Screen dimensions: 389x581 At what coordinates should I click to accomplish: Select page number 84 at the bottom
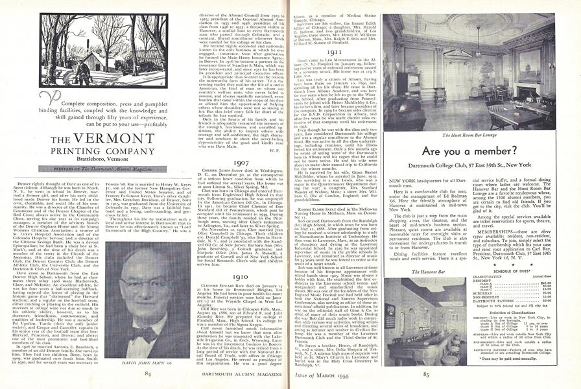click(x=148, y=374)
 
